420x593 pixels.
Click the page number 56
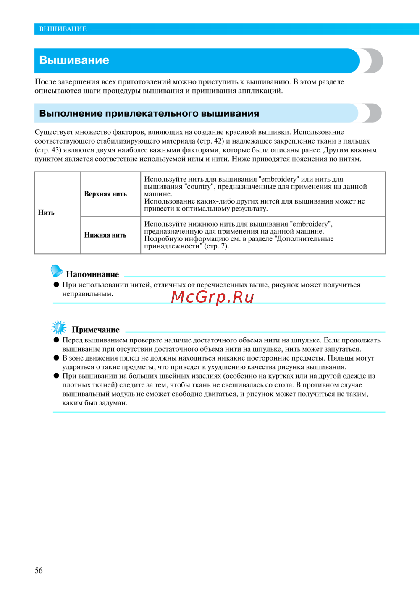[x=39, y=570]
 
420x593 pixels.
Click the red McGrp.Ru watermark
[x=213, y=297]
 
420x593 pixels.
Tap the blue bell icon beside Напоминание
[x=57, y=271]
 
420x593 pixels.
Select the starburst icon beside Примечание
[x=59, y=327]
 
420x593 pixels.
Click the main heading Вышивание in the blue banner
[x=74, y=60]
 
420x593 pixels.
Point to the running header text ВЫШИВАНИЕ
[x=63, y=29]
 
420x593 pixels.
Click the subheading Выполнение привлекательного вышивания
[x=149, y=113]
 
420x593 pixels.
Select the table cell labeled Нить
[x=46, y=212]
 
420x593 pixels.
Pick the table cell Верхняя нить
[x=105, y=194]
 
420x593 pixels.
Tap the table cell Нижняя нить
[x=105, y=235]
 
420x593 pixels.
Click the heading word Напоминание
[x=92, y=274]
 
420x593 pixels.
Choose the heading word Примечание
[x=96, y=330]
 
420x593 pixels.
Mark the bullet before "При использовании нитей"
[x=56, y=285]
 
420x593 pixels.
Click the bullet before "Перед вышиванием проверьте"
[x=56, y=340]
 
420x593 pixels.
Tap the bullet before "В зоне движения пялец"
[x=56, y=358]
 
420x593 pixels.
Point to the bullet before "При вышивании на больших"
[x=56, y=376]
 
